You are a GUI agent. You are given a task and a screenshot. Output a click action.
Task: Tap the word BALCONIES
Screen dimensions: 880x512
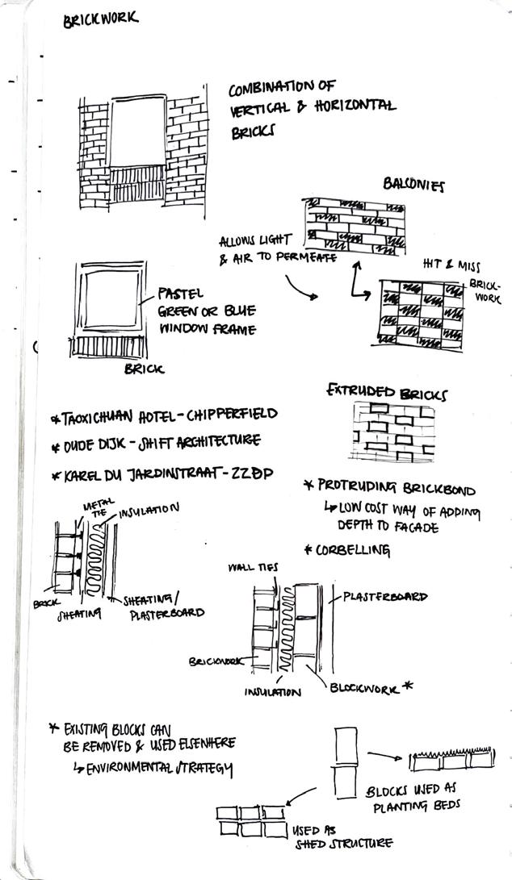413,186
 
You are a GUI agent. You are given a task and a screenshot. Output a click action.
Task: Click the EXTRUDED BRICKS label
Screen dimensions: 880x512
387,393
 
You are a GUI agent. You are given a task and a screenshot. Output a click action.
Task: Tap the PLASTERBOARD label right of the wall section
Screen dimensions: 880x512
385,597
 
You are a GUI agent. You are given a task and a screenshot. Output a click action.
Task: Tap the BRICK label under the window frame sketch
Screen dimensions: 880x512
143,369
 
